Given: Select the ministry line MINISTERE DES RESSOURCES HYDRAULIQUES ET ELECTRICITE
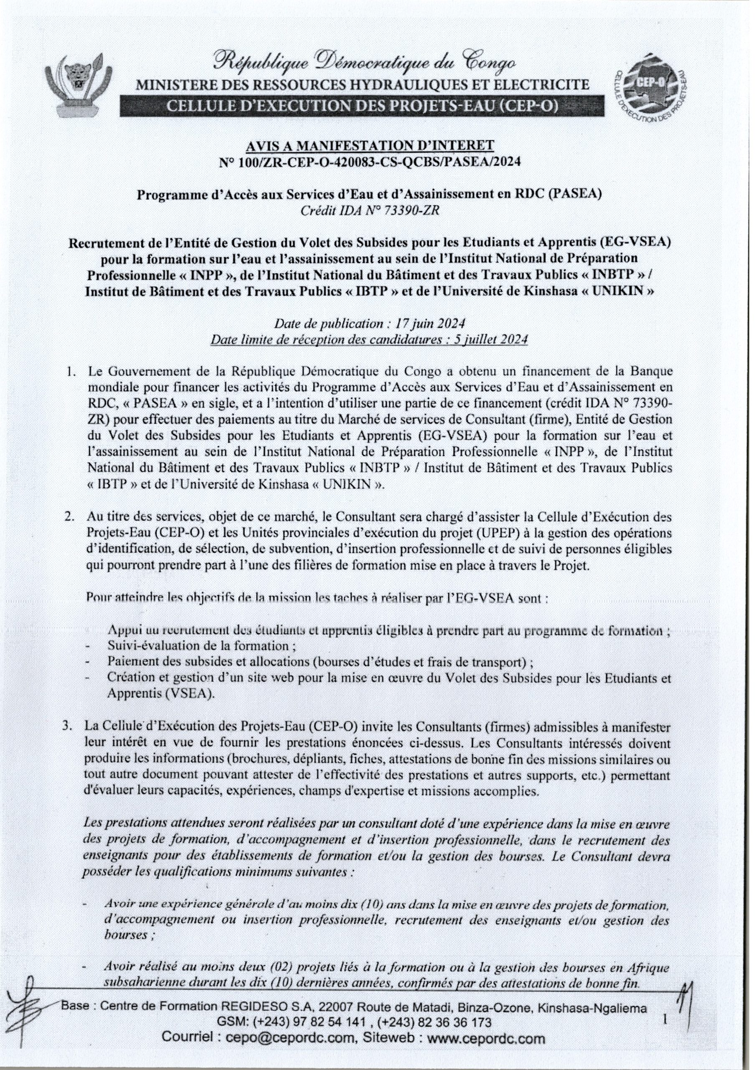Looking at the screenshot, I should tap(361, 85).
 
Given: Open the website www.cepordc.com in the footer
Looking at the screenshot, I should tap(485, 1038).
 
